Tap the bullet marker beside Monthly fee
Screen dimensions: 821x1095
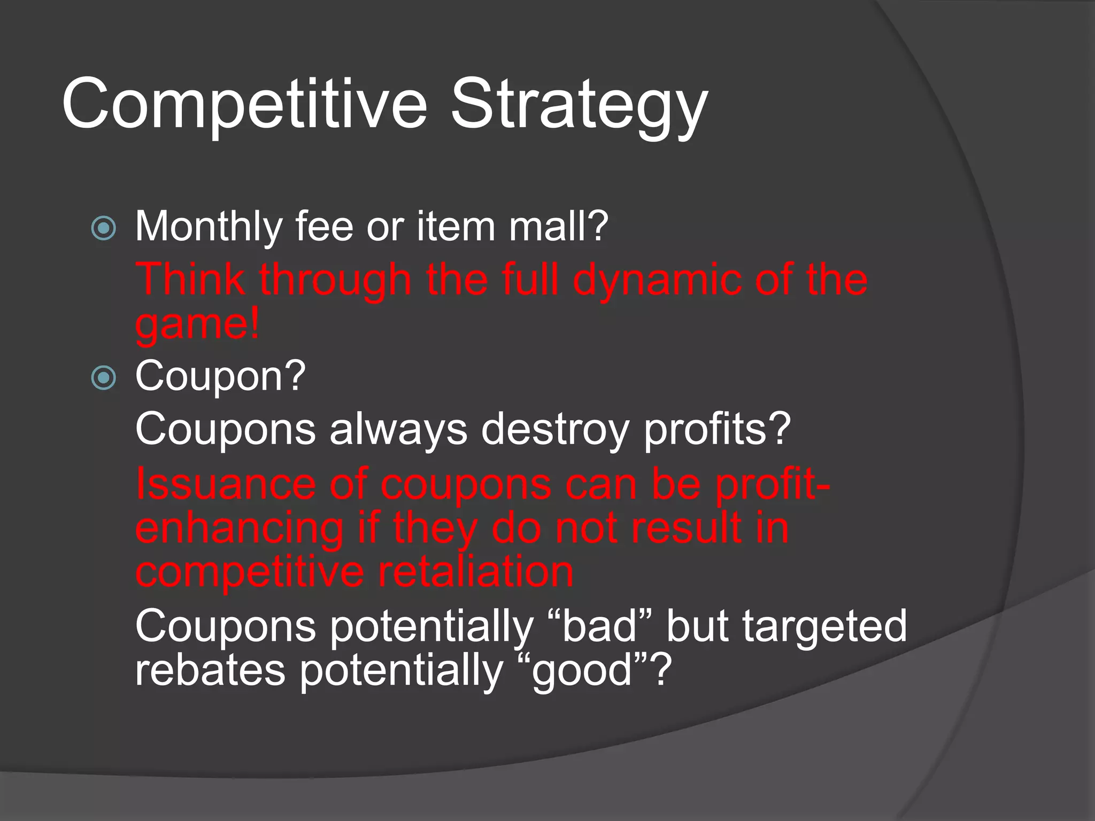[103, 229]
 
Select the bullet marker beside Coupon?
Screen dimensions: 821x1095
[103, 378]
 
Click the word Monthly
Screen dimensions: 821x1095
[208, 227]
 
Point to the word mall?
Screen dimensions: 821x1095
[558, 227]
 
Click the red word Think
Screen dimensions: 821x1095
[190, 279]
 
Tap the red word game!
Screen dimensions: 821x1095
[197, 324]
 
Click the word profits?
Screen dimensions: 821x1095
[716, 429]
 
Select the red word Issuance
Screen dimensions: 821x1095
[225, 484]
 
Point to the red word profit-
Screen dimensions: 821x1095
[772, 484]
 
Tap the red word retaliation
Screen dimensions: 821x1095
[475, 572]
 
